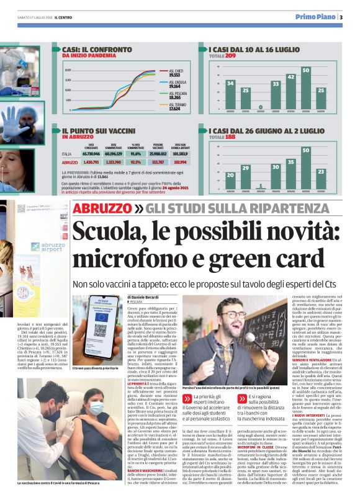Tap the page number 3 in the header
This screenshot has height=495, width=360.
click(341, 17)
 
